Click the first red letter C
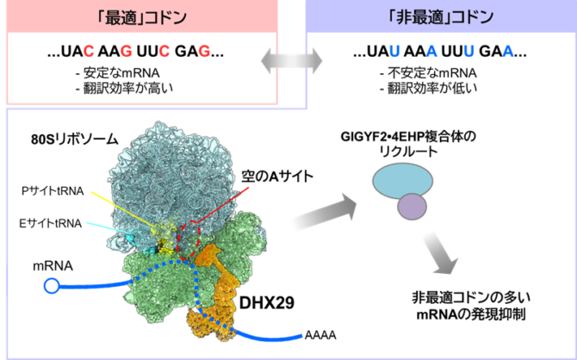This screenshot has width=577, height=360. click(x=88, y=52)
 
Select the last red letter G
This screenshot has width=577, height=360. click(x=204, y=52)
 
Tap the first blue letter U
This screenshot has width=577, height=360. click(x=394, y=52)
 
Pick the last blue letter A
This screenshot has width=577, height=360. click(x=508, y=52)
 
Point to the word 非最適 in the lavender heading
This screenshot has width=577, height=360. click(x=427, y=16)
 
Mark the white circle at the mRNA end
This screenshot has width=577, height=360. click(x=52, y=285)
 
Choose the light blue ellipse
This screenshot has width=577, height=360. click(x=401, y=180)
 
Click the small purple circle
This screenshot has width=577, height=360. click(x=412, y=207)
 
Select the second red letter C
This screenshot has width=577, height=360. click(x=164, y=52)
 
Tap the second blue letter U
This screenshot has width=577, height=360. click(x=469, y=52)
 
